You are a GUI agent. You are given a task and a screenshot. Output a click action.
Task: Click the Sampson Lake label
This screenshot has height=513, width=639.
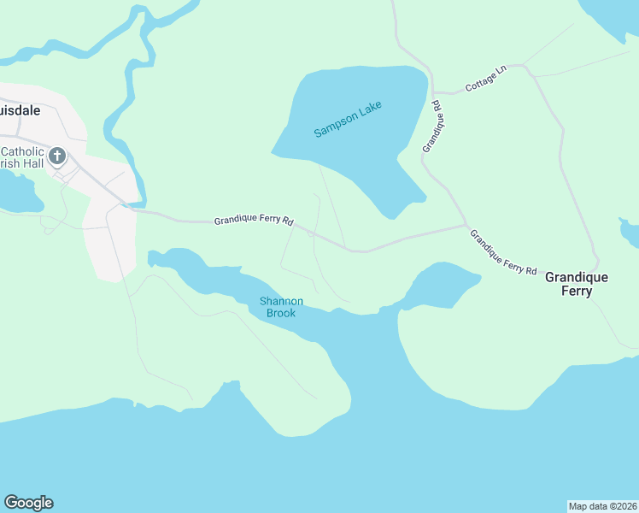348,120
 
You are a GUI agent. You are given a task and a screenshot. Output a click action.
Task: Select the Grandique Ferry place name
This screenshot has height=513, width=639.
577,285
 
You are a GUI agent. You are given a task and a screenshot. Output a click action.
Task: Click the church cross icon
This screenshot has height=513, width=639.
57,156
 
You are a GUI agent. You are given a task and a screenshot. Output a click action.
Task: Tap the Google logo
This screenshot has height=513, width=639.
28,503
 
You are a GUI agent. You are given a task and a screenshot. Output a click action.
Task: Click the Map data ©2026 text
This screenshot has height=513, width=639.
603,506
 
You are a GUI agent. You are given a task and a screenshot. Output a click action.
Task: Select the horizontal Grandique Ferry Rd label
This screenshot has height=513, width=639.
254,221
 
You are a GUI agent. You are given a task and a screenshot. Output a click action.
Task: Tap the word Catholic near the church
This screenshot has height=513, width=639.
22,151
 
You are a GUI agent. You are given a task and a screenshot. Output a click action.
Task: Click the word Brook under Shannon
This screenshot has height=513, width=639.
280,314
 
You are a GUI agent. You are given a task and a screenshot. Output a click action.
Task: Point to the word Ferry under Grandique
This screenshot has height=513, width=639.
577,292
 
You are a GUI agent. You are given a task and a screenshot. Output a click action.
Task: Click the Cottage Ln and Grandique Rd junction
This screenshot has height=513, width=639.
434,92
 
